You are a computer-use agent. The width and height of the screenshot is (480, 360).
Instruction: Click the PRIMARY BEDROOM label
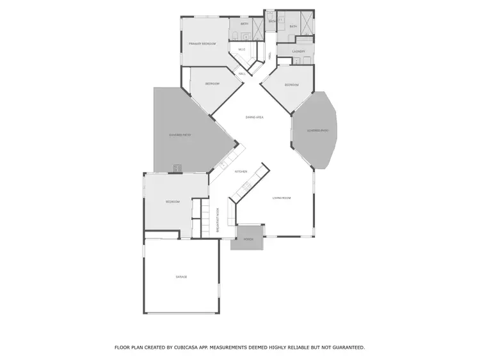202,43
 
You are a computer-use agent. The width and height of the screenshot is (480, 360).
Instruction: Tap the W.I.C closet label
241,49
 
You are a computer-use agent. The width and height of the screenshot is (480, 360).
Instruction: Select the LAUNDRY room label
298,51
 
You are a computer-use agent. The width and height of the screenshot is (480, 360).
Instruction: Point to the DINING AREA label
255,117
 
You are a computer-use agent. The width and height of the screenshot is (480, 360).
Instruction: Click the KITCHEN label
241,171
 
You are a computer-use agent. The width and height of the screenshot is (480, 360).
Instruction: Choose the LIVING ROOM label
282,198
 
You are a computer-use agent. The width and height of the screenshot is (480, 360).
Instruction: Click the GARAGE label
181,276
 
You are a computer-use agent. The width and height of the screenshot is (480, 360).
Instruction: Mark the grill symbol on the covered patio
177,168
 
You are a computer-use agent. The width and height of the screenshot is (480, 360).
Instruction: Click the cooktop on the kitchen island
246,186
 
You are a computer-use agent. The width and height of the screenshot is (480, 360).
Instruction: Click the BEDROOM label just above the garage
173,201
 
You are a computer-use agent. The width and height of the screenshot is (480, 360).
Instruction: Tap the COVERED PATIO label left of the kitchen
180,135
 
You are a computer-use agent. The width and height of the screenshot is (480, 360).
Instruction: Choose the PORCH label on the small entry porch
248,240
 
